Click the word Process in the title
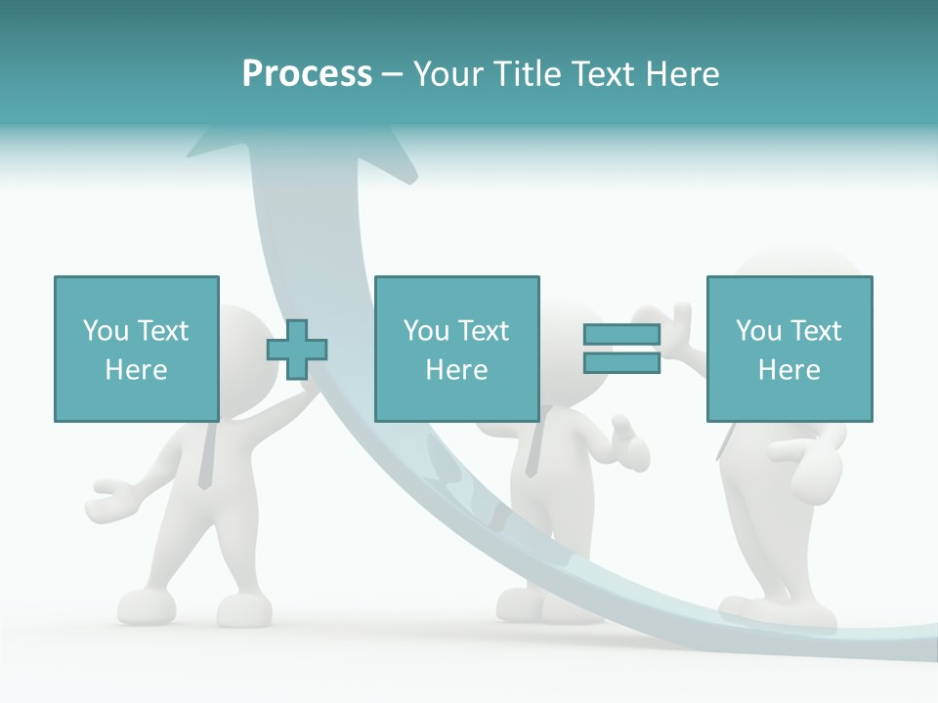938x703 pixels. (307, 73)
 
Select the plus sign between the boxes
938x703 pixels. (297, 349)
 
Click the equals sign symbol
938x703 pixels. (621, 349)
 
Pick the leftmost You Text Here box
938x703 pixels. (136, 349)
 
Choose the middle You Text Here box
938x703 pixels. (456, 349)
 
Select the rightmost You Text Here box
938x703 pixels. (789, 349)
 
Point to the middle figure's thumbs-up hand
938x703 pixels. (626, 444)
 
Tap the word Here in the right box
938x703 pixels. (789, 369)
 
